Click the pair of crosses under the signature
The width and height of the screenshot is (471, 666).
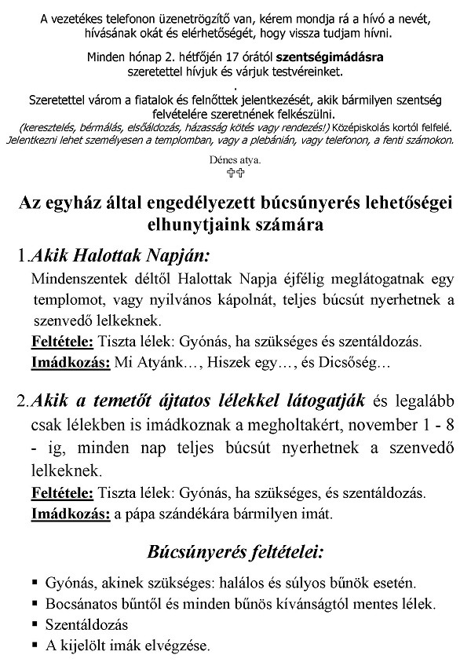(x=235, y=174)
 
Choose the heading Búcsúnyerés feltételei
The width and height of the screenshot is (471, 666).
(x=235, y=552)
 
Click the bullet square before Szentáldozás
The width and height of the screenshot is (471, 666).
(x=35, y=624)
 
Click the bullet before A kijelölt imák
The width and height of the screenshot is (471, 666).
(x=35, y=645)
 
